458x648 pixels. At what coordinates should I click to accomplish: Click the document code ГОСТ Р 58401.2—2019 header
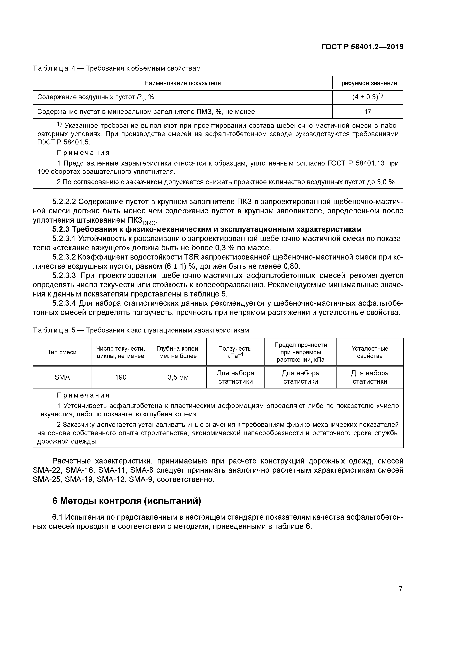pyautogui.click(x=362, y=47)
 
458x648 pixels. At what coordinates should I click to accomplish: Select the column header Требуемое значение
pyautogui.click(x=368, y=83)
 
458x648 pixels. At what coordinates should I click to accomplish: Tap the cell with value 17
pyautogui.click(x=368, y=112)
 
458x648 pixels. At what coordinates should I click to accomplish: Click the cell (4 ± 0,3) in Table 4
pyautogui.click(x=368, y=97)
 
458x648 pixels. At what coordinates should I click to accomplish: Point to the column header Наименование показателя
pyautogui.click(x=183, y=83)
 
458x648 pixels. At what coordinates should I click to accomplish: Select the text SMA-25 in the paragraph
pyautogui.click(x=46, y=480)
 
